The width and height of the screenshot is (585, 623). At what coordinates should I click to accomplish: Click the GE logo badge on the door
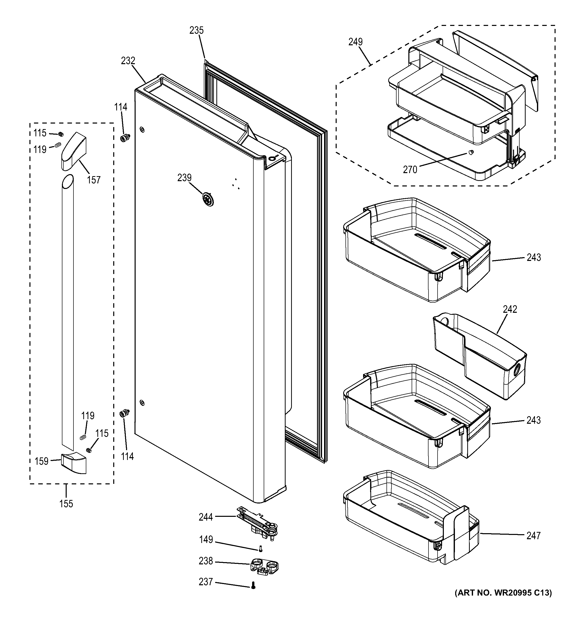207,199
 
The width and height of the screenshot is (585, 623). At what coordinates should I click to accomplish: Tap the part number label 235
197,30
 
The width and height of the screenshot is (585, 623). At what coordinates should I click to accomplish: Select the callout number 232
128,60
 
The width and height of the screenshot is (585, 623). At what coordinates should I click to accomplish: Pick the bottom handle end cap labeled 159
74,463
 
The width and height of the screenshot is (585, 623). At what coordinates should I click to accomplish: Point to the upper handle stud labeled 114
125,138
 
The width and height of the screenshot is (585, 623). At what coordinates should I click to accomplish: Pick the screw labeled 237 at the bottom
253,585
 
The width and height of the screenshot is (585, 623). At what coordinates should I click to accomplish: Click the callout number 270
410,170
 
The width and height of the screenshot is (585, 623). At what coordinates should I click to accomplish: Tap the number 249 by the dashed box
355,42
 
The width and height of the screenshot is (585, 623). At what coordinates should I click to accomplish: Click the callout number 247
533,536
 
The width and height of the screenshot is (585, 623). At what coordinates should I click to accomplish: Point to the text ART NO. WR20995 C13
503,593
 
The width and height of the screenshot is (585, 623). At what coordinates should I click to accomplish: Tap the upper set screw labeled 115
61,134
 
